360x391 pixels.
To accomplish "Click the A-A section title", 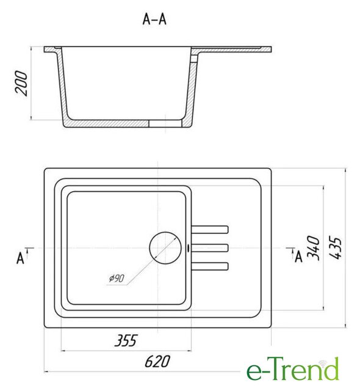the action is pyautogui.click(x=154, y=19).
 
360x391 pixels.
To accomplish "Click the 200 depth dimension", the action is pyautogui.click(x=21, y=83).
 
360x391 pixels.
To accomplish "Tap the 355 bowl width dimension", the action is pyautogui.click(x=126, y=341).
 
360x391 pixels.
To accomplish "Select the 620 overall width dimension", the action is pyautogui.click(x=157, y=361).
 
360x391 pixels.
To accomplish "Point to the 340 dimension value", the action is pyautogui.click(x=313, y=248).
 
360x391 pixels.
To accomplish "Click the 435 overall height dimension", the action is pyautogui.click(x=335, y=247).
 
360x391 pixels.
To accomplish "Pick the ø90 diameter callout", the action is pyautogui.click(x=117, y=278).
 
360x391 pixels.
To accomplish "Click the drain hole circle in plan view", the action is pyautogui.click(x=165, y=247).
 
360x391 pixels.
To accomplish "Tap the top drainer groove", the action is pyautogui.click(x=210, y=230).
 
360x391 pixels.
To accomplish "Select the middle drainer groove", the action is pyautogui.click(x=210, y=248).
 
